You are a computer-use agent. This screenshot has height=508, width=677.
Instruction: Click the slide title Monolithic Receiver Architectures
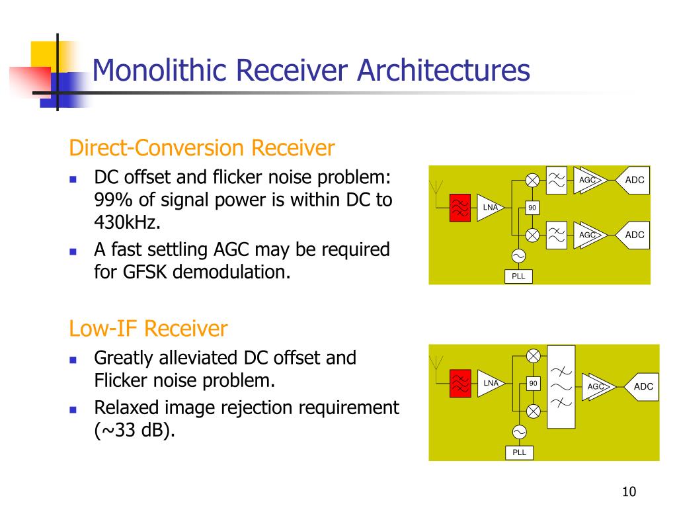coord(311,71)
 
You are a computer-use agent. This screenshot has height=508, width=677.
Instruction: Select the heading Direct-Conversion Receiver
coord(202,148)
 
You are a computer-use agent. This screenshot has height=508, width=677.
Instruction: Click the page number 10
coord(629,491)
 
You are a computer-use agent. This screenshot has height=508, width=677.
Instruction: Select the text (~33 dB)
coord(136,431)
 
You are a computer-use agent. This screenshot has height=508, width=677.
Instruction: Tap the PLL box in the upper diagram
coord(519,276)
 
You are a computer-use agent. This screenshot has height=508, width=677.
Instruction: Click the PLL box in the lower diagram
coord(520,452)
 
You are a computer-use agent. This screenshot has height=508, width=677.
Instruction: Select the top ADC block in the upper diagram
coord(633,181)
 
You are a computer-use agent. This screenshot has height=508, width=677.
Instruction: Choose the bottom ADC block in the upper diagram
coord(633,235)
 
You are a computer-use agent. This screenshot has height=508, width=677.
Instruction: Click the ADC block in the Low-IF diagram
coord(642,386)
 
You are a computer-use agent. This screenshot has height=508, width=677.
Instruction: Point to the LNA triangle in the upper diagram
coord(493,208)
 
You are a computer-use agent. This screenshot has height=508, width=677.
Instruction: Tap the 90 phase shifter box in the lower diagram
coord(533,384)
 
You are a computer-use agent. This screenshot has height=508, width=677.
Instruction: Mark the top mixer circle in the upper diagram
coord(533,181)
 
